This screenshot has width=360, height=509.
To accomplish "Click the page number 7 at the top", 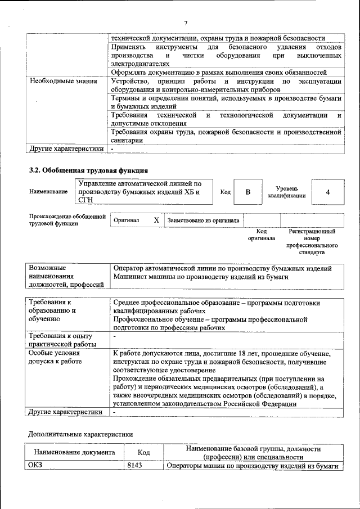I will point(185,22).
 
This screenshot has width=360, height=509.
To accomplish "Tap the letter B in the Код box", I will point(247,192).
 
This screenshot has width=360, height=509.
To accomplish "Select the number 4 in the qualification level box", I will point(327,192).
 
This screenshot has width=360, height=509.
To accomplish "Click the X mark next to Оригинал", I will point(156,220).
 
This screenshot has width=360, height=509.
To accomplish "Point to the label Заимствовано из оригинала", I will point(203,221).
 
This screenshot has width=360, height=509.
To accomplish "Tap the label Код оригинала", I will point(262,235).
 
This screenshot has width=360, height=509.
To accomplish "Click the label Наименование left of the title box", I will point(48,192).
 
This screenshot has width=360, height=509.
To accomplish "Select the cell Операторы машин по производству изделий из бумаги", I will point(253,466).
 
